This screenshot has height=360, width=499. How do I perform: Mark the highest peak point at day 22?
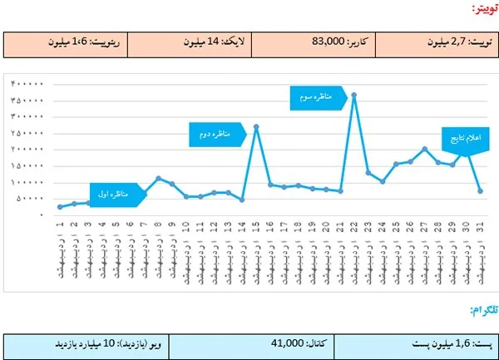[354, 95]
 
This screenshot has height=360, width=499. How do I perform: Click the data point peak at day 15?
[256, 126]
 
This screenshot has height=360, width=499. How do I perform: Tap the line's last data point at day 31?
[481, 191]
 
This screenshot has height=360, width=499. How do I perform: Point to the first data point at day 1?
[60, 207]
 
